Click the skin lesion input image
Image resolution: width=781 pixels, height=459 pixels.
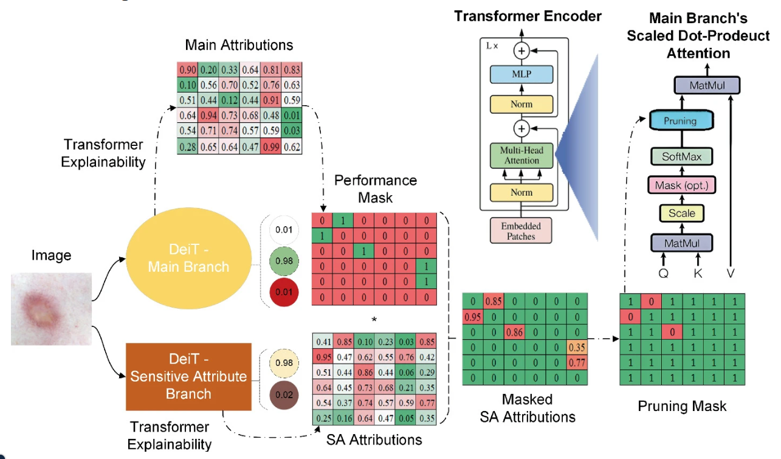(52, 309)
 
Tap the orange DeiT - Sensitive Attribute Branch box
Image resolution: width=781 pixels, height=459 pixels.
(188, 376)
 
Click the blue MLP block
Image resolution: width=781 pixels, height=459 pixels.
(522, 75)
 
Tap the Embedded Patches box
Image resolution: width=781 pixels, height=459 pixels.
(522, 230)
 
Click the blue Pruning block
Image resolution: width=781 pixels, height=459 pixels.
(680, 121)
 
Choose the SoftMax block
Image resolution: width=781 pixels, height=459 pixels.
(681, 157)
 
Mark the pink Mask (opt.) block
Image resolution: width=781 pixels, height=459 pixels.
(681, 185)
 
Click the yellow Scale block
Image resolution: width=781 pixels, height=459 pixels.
(681, 213)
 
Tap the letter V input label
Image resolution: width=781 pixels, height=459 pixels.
(731, 273)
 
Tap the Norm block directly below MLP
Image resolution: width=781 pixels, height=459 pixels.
(522, 103)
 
